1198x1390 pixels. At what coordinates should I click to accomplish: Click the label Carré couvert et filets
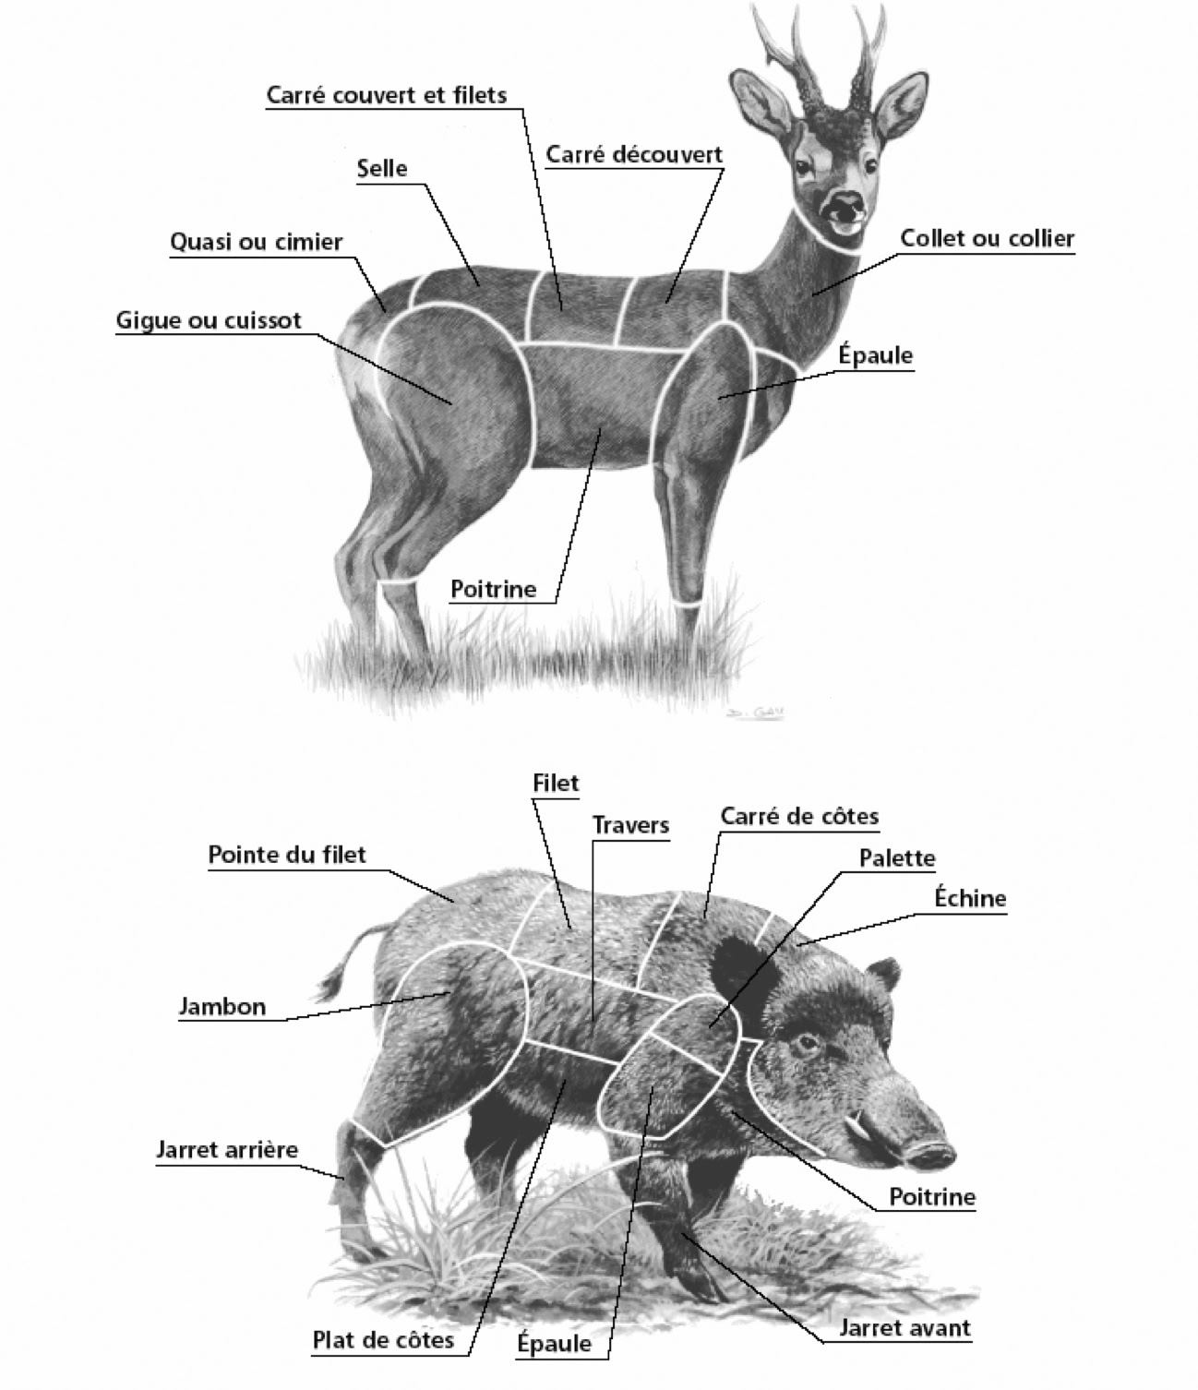click(x=386, y=95)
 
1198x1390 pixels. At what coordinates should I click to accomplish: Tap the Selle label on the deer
click(x=381, y=167)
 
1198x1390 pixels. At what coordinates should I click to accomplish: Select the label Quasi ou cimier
click(x=256, y=242)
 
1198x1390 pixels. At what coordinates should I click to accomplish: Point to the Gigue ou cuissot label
click(x=209, y=321)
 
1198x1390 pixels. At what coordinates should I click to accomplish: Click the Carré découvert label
click(x=634, y=154)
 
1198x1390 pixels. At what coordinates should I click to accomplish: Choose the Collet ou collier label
click(x=987, y=238)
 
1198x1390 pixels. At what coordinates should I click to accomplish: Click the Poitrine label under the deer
click(x=493, y=589)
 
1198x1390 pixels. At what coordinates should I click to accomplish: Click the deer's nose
click(x=845, y=204)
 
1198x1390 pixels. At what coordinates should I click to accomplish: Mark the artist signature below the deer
click(x=756, y=713)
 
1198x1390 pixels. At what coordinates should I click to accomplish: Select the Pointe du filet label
click(x=286, y=855)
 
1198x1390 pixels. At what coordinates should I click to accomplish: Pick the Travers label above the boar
click(x=630, y=825)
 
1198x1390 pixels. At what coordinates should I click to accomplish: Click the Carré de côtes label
click(x=799, y=817)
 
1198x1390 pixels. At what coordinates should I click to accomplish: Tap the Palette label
click(x=896, y=858)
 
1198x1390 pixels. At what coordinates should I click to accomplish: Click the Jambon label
click(x=222, y=1007)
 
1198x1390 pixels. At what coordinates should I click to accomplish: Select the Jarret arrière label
click(x=227, y=1149)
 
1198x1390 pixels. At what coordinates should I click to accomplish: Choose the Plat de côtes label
click(x=383, y=1339)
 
